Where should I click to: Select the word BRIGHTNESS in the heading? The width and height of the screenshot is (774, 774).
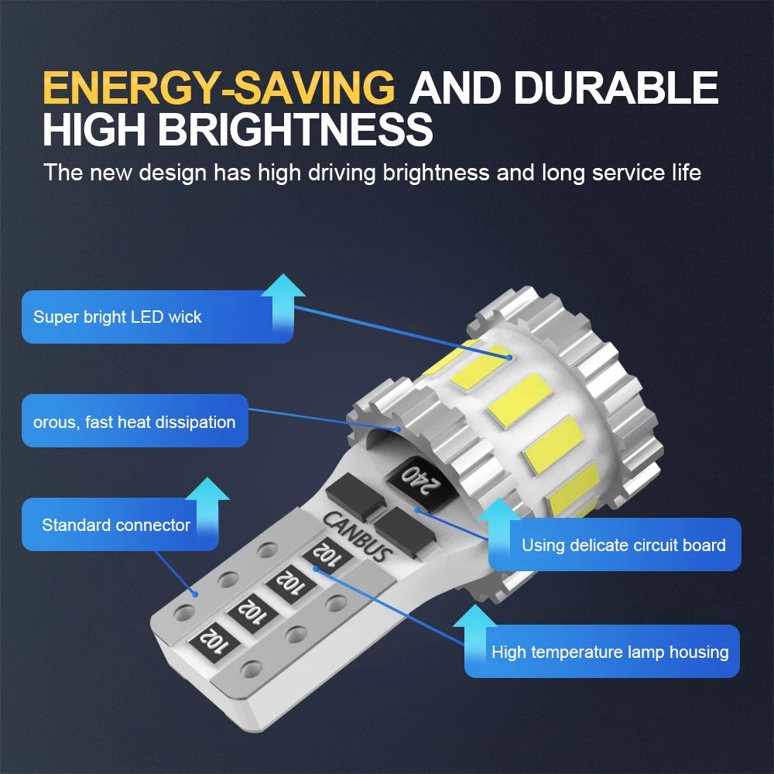point(295,128)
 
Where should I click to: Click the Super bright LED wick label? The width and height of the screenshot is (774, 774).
point(118,317)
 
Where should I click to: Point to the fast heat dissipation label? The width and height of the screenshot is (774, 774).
point(134,422)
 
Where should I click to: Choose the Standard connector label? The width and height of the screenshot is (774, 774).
point(116,525)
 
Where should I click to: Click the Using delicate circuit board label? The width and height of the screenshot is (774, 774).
point(623,545)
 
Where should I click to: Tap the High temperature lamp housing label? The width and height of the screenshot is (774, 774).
point(610,652)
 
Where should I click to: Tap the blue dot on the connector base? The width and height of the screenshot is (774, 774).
point(196,594)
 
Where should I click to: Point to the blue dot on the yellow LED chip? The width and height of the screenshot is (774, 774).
point(509,357)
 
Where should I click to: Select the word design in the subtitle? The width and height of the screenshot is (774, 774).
point(173,173)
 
